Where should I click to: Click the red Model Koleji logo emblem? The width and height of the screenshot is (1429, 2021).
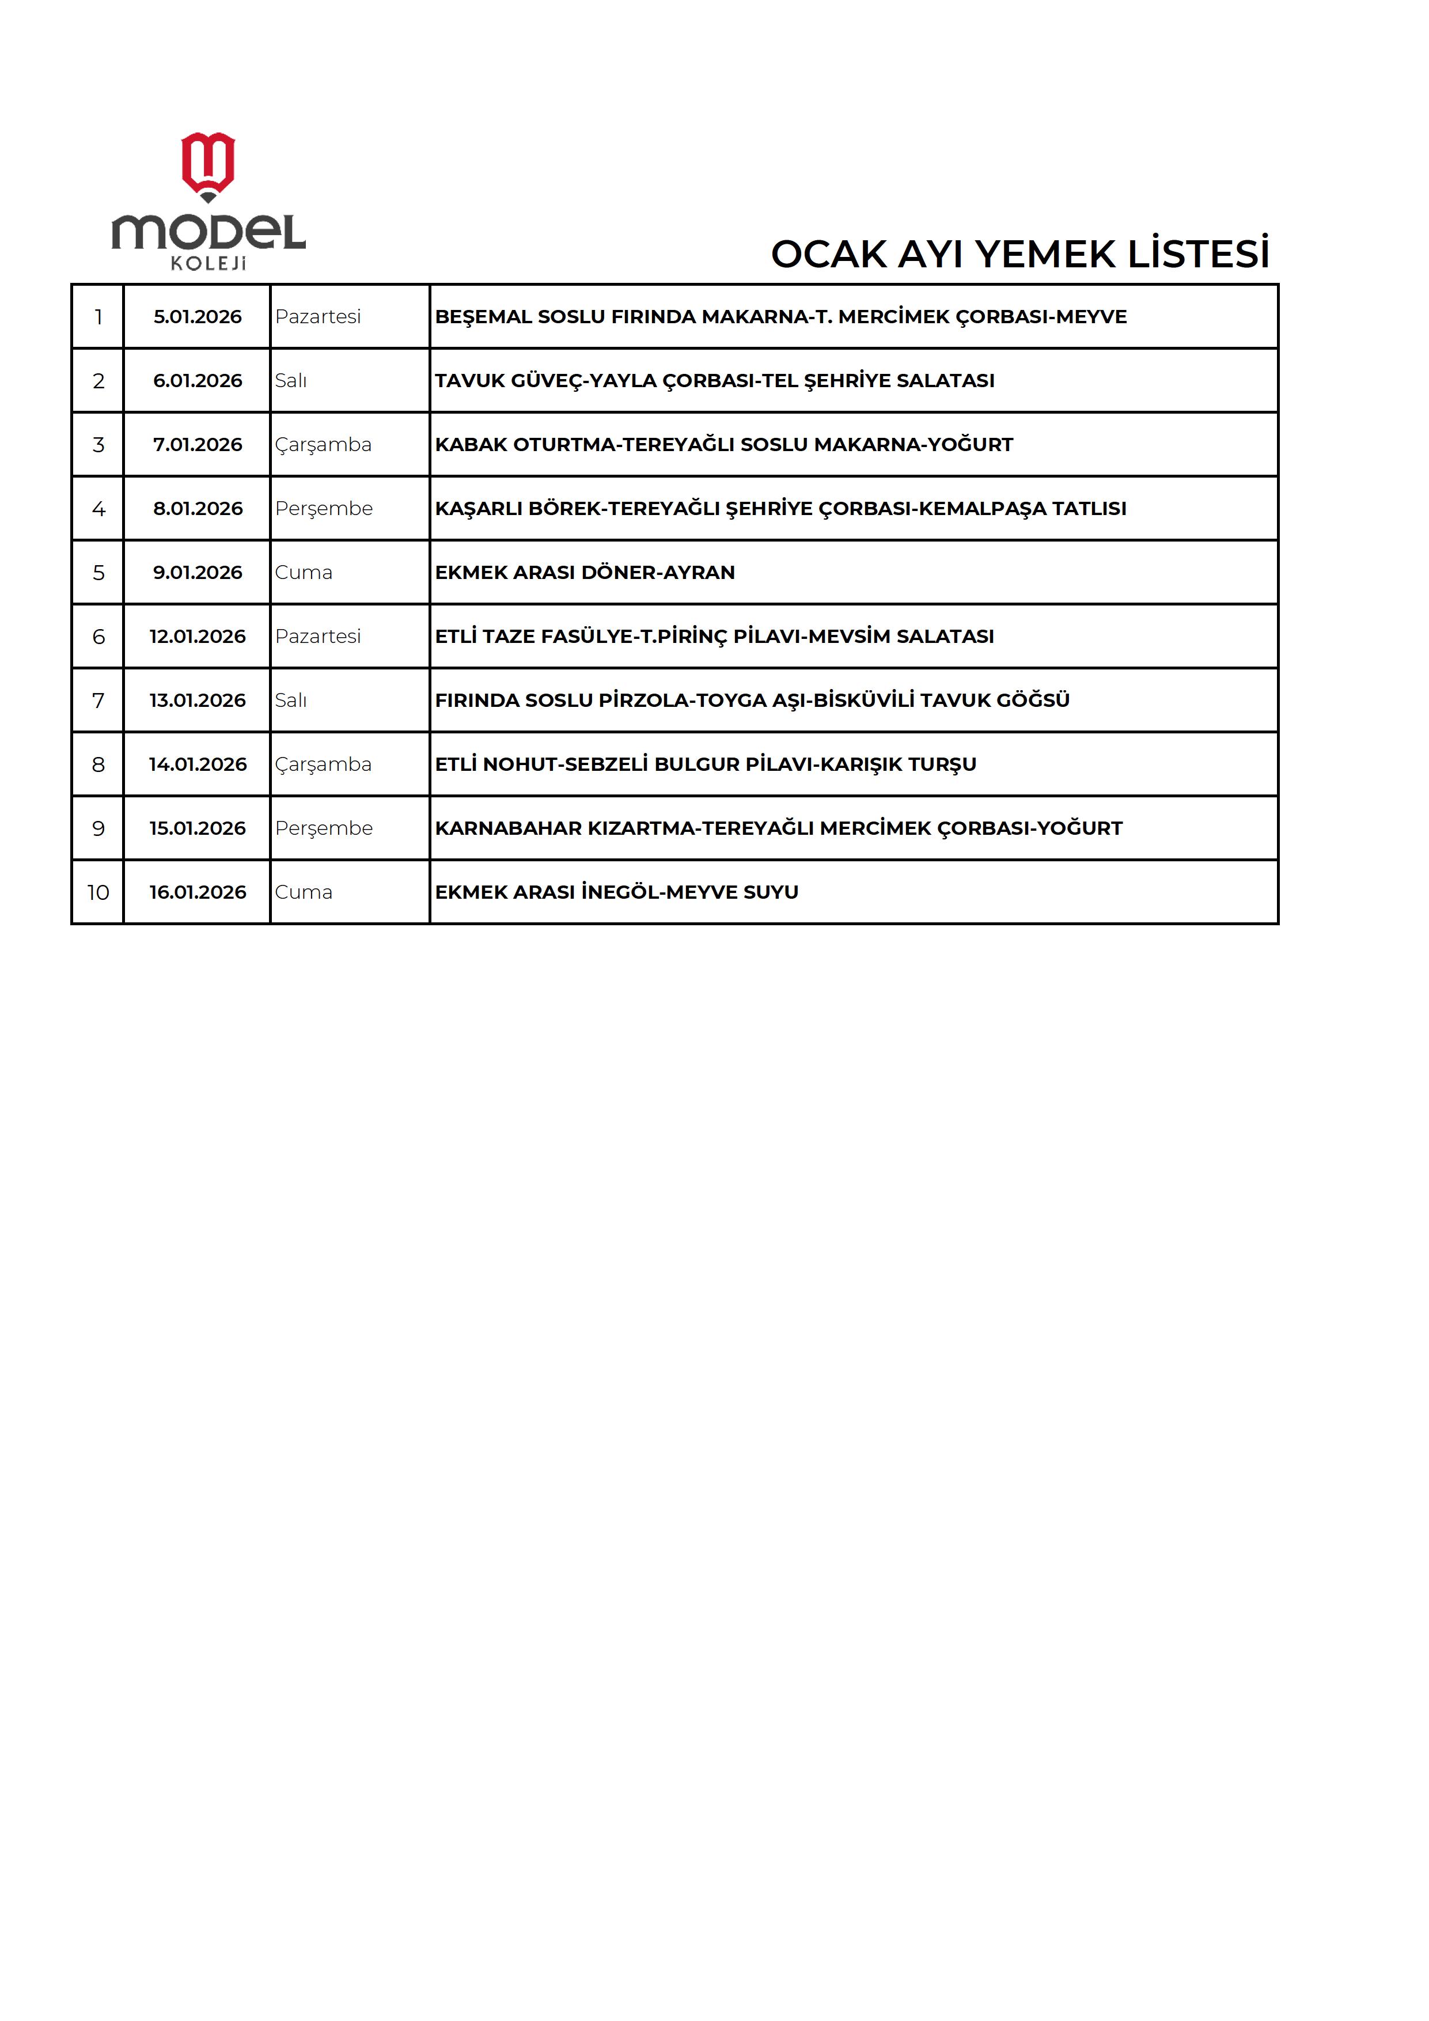point(208,165)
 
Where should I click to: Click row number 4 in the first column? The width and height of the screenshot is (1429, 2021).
point(98,509)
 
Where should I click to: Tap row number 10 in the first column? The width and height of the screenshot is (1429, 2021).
point(98,892)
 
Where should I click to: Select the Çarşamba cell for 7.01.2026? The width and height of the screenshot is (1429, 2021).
point(323,445)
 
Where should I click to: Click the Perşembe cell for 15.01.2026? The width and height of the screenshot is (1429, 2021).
point(324,828)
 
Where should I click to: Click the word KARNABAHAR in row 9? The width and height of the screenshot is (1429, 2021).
point(509,828)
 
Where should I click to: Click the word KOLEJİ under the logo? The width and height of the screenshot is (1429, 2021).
point(209,263)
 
